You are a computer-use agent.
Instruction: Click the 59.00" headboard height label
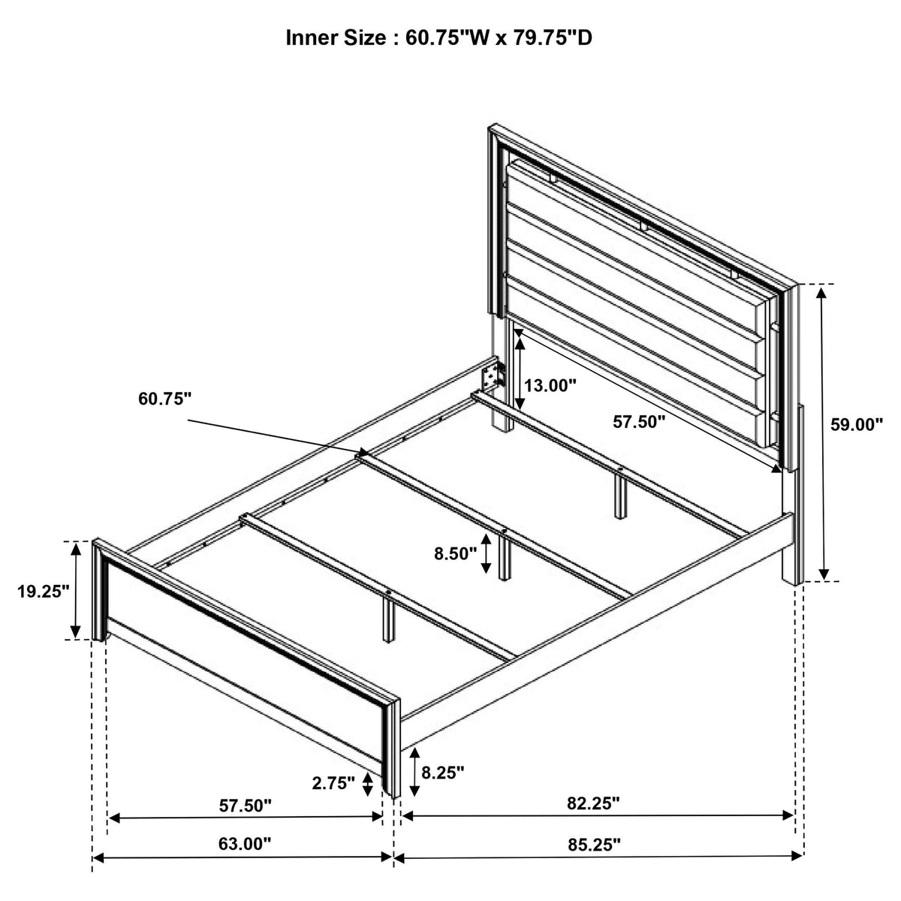coord(856,424)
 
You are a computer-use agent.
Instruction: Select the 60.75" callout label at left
coord(164,399)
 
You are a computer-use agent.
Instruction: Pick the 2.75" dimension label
coord(333,782)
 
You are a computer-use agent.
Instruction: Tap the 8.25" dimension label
coord(442,773)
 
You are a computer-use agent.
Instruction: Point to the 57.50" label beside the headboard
coord(639,422)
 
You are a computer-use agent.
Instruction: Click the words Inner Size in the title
coord(336,38)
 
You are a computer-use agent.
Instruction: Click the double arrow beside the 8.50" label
coord(486,554)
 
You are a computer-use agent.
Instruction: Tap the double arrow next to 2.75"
coord(368,784)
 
